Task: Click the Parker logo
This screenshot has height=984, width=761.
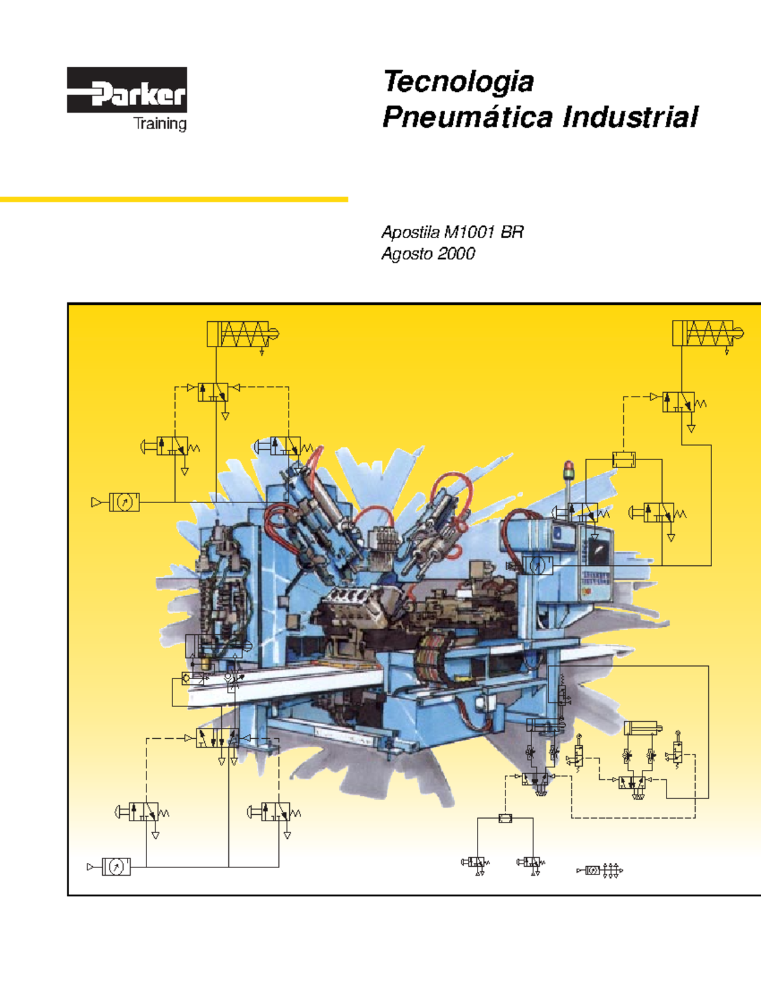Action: click(127, 90)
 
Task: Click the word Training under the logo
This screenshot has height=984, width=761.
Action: click(160, 124)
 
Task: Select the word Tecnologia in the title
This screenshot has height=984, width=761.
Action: click(458, 82)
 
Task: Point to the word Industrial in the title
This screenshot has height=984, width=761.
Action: click(630, 117)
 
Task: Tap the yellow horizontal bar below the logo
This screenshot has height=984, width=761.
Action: click(174, 200)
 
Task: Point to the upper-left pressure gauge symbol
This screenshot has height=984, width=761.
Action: click(124, 502)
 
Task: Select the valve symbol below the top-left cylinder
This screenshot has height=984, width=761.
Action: click(213, 392)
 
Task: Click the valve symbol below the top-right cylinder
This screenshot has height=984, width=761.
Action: click(679, 402)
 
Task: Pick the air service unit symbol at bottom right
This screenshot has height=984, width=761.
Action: click(600, 871)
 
